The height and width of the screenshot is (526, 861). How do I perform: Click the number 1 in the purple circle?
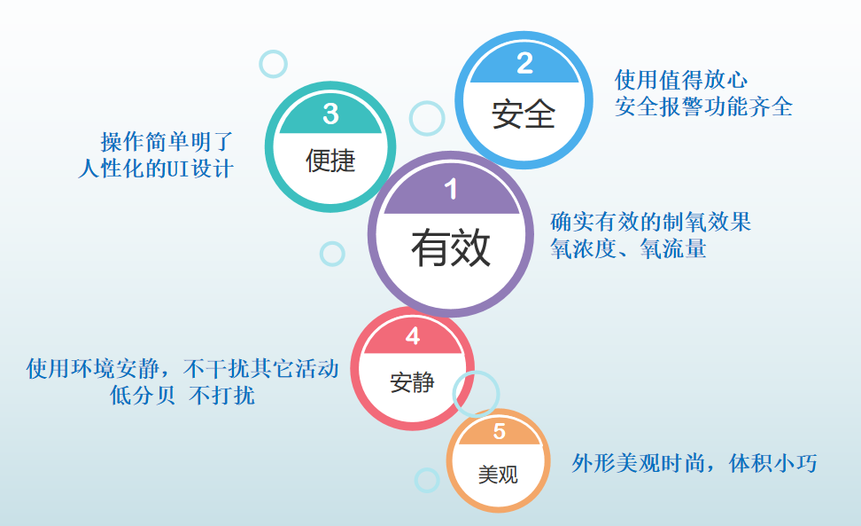click(451, 190)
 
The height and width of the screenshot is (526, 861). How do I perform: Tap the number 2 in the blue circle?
click(525, 64)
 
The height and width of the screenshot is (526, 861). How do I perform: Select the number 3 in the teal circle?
click(330, 114)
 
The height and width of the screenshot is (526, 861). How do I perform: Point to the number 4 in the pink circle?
click(413, 336)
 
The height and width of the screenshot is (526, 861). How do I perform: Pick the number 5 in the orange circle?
click(499, 431)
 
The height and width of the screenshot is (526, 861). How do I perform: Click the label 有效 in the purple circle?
click(451, 248)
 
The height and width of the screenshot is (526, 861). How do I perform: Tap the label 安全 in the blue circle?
click(524, 114)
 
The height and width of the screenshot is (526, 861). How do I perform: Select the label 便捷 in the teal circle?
click(330, 161)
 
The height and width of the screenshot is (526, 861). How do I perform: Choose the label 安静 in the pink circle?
click(413, 382)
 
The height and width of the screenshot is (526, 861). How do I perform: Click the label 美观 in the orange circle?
click(498, 475)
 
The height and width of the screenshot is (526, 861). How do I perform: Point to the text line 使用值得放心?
click(681, 80)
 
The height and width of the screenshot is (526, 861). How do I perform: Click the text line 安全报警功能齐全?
click(704, 106)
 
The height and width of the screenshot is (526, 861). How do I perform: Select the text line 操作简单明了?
click(167, 142)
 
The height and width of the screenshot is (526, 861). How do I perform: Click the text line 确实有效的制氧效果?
click(651, 222)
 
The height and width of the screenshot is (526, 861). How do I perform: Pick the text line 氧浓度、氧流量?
click(628, 248)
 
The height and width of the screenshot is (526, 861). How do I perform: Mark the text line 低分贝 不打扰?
click(182, 395)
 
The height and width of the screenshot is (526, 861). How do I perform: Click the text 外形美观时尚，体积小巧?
click(694, 463)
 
